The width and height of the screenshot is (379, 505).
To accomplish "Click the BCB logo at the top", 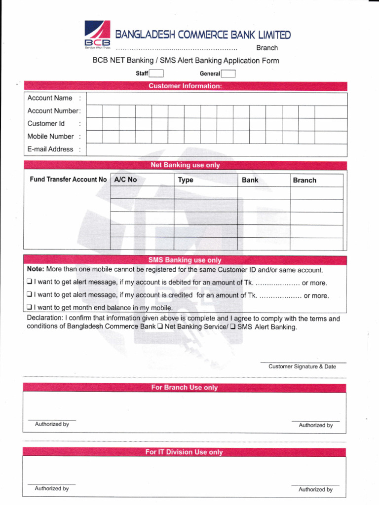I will [97, 35].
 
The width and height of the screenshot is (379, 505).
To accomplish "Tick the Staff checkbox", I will [156, 74].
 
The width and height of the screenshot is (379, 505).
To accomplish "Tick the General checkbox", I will [228, 74].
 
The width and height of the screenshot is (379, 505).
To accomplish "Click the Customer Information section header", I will [185, 86].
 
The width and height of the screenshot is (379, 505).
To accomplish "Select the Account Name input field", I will [217, 99].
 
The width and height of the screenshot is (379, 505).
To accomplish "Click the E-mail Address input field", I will [217, 149].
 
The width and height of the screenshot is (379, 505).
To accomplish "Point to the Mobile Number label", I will [50, 137].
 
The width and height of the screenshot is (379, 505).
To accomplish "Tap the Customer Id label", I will [46, 124].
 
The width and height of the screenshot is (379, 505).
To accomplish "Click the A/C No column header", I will [125, 180].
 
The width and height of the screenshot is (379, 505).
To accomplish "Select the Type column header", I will [186, 180].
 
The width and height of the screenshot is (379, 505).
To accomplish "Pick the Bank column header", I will [250, 180].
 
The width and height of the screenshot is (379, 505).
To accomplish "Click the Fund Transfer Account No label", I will [68, 180].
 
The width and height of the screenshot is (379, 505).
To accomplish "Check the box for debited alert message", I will [30, 283].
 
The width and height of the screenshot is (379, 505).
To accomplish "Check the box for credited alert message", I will [30, 295].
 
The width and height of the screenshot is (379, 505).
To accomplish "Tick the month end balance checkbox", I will [30, 308].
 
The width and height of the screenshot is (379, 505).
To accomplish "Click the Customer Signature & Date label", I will [302, 366].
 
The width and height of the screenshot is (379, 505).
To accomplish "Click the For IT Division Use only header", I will [184, 452].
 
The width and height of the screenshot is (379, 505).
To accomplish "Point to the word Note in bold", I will [36, 270].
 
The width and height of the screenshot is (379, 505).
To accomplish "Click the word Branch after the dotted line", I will [267, 48].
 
